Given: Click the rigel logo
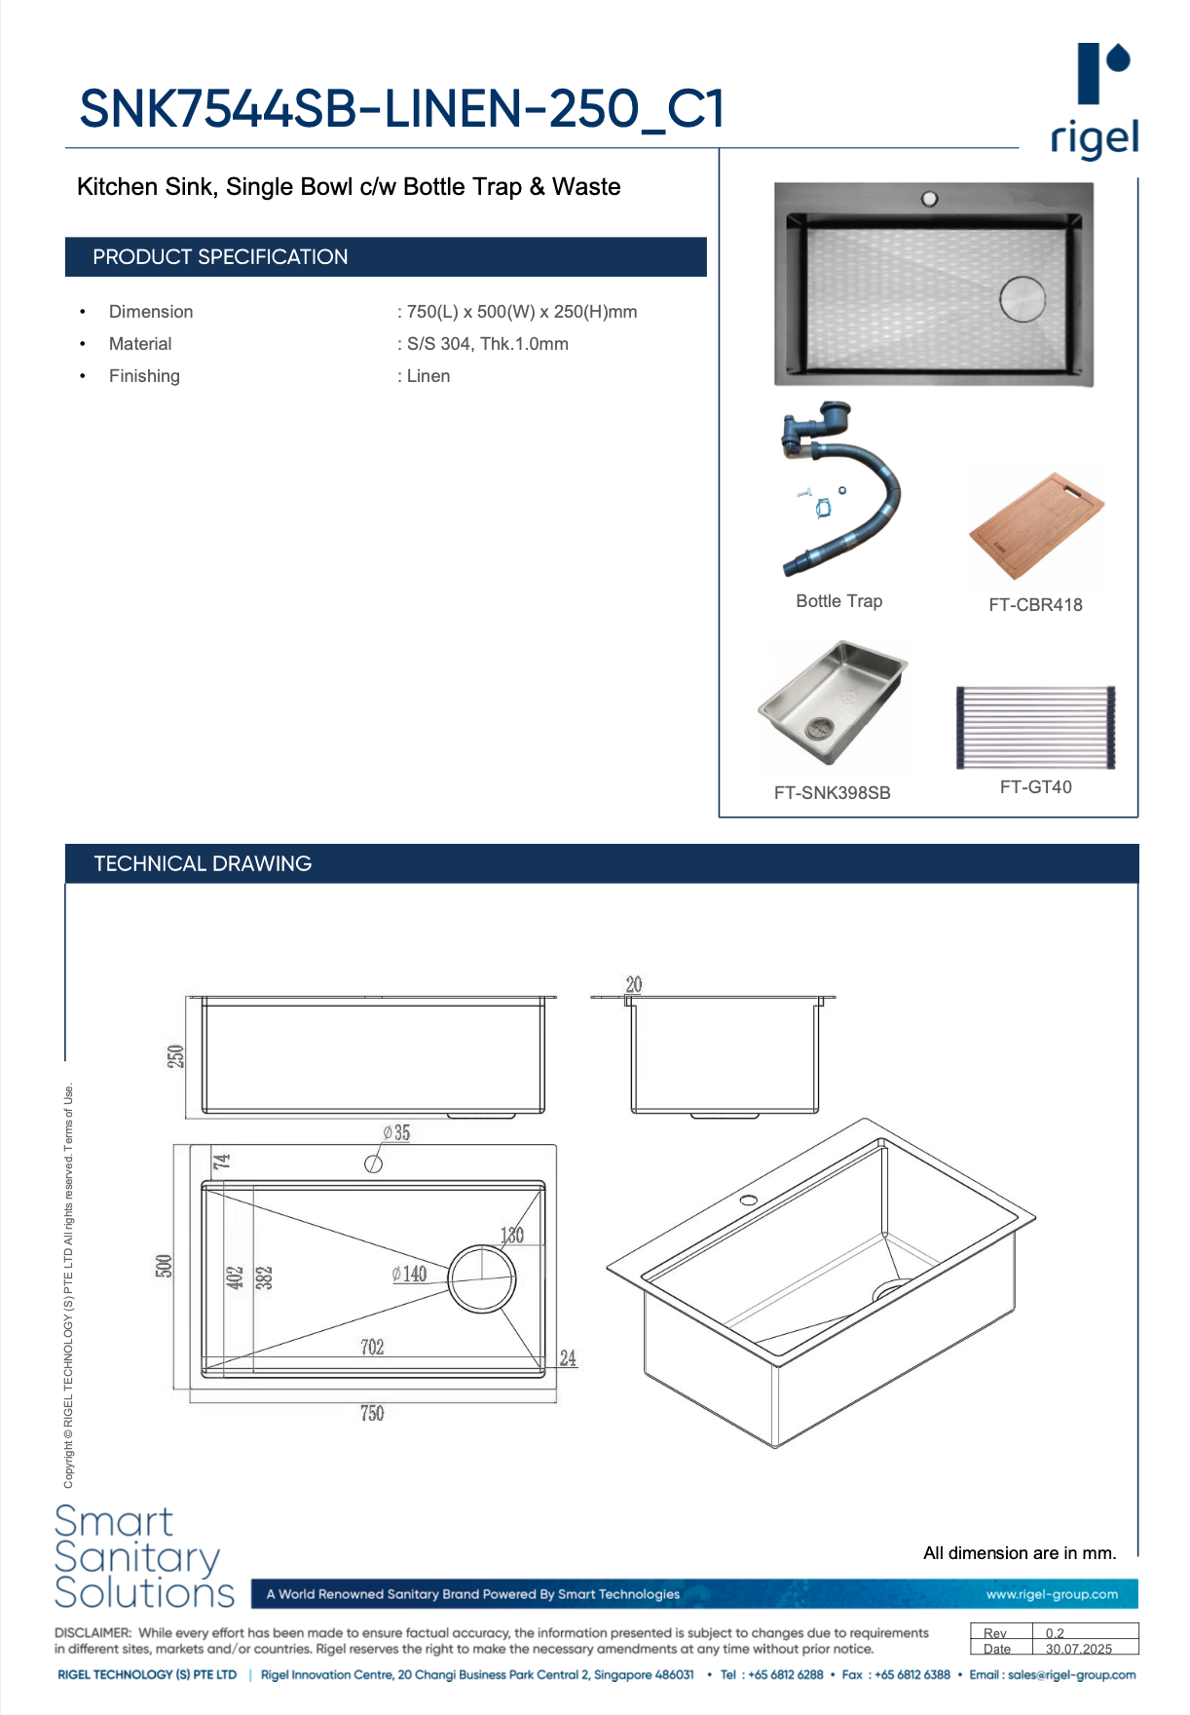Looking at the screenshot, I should [1095, 101].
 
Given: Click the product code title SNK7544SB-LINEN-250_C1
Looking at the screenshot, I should [401, 108].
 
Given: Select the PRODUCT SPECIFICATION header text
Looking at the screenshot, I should [220, 257].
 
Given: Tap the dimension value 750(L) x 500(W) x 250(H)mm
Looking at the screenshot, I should [522, 312].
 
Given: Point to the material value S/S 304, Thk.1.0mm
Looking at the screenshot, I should [487, 344].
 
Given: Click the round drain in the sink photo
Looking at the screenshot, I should [1022, 299].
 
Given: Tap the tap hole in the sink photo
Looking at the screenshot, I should [929, 199].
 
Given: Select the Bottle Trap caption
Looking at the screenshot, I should [838, 601].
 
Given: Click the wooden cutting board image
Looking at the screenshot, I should [1037, 526].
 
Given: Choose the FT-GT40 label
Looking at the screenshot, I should [1035, 787].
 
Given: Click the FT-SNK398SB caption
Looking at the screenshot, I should [832, 793].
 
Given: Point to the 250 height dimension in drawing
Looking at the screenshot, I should [175, 1056].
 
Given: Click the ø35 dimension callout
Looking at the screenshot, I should [396, 1133].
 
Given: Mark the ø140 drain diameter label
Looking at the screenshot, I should [409, 1274].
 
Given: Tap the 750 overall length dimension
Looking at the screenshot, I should [372, 1413].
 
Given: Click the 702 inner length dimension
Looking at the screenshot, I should [372, 1347].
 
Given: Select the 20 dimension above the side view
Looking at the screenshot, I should [634, 984].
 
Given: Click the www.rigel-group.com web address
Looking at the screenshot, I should [1052, 1594].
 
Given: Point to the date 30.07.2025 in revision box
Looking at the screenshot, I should [1078, 1649].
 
